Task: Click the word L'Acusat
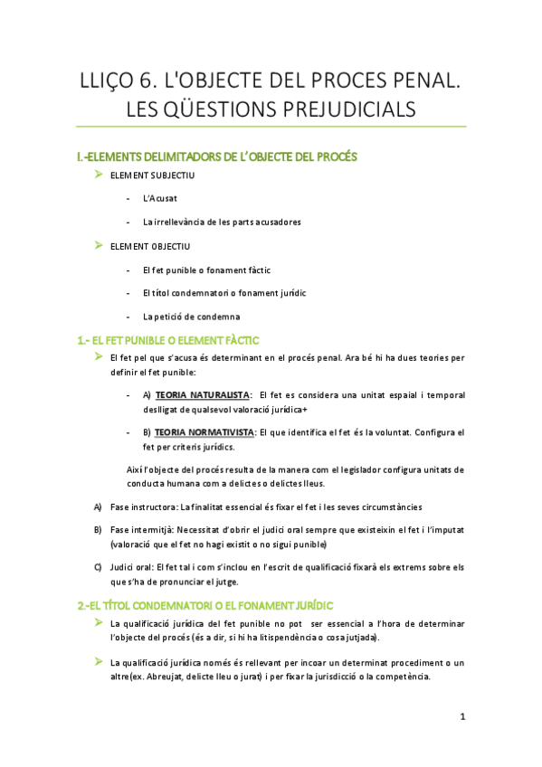tap(159, 198)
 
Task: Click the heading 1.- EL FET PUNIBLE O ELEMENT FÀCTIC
tap(169, 340)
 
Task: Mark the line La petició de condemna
tap(191, 316)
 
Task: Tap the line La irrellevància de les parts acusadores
tap(222, 222)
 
